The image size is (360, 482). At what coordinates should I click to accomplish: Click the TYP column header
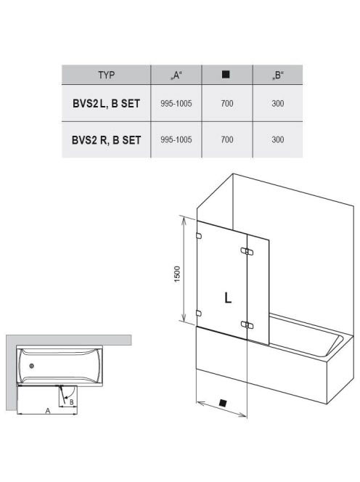pyautogui.click(x=107, y=75)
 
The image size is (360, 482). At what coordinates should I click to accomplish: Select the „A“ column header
pyautogui.click(x=176, y=75)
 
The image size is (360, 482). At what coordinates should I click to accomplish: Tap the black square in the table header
pyautogui.click(x=226, y=74)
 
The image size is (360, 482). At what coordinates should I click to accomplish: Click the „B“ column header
pyautogui.click(x=277, y=75)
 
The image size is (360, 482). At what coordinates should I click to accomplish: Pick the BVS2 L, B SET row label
pyautogui.click(x=107, y=104)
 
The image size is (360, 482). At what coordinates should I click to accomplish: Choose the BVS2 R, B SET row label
pyautogui.click(x=107, y=140)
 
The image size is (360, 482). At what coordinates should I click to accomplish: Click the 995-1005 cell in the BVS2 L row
pyautogui.click(x=176, y=104)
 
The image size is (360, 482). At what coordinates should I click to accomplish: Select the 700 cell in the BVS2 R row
pyautogui.click(x=227, y=139)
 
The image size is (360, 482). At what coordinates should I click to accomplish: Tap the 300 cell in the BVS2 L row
pyautogui.click(x=277, y=104)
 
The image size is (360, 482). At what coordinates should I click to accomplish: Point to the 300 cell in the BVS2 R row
pyautogui.click(x=277, y=139)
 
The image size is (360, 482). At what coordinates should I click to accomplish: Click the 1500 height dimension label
pyautogui.click(x=177, y=274)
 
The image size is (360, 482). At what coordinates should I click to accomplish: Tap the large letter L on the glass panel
pyautogui.click(x=228, y=298)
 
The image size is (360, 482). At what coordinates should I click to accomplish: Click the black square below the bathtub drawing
pyautogui.click(x=223, y=403)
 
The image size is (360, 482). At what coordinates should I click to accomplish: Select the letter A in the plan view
pyautogui.click(x=48, y=410)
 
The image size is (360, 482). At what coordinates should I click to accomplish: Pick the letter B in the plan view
pyautogui.click(x=71, y=402)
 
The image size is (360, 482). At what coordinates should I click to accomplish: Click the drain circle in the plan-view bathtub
pyautogui.click(x=31, y=366)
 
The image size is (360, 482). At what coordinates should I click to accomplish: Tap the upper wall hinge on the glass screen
pyautogui.click(x=199, y=236)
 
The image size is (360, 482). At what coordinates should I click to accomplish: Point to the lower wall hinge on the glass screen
pyautogui.click(x=199, y=314)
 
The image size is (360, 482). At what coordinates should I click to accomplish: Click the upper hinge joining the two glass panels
pyautogui.click(x=247, y=251)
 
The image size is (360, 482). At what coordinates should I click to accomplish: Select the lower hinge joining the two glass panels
pyautogui.click(x=247, y=324)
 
